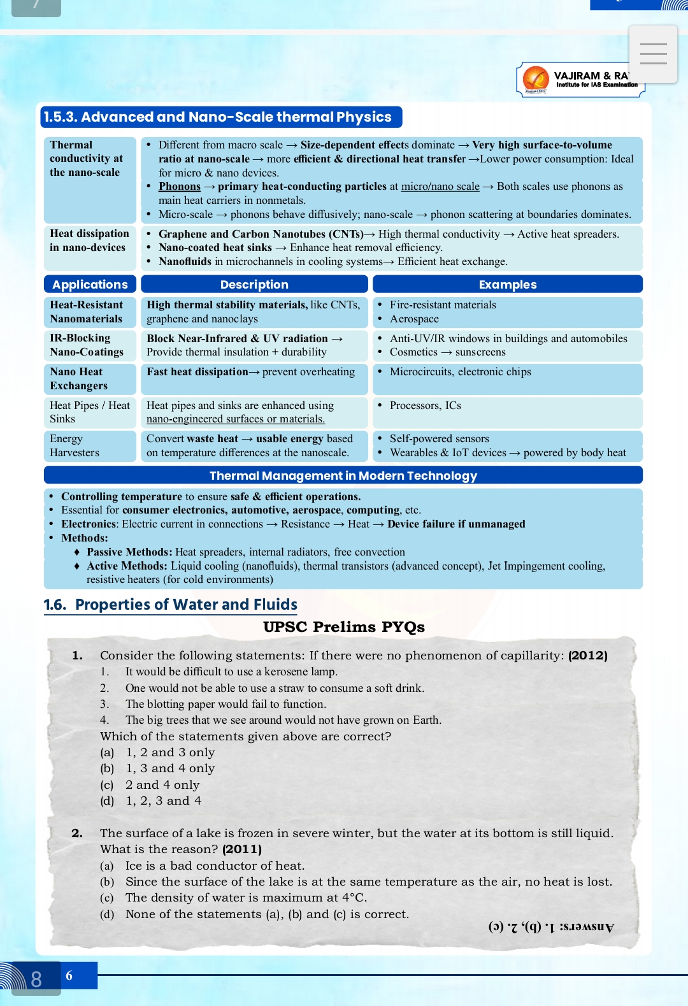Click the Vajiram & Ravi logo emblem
536,79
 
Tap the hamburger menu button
653,54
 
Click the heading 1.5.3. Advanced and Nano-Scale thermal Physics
220,117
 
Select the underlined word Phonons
180,187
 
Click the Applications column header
90,284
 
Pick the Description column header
254,284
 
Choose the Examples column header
507,284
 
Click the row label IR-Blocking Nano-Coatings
87,345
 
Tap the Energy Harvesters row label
75,445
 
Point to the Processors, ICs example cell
425,406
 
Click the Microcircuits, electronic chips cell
460,372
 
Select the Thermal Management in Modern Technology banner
343,475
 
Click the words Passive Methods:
129,552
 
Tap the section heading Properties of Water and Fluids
186,605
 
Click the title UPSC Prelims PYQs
344,627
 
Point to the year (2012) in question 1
587,656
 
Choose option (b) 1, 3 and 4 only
169,768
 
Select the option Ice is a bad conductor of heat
215,866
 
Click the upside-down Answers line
551,927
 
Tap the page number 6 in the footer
69,975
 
